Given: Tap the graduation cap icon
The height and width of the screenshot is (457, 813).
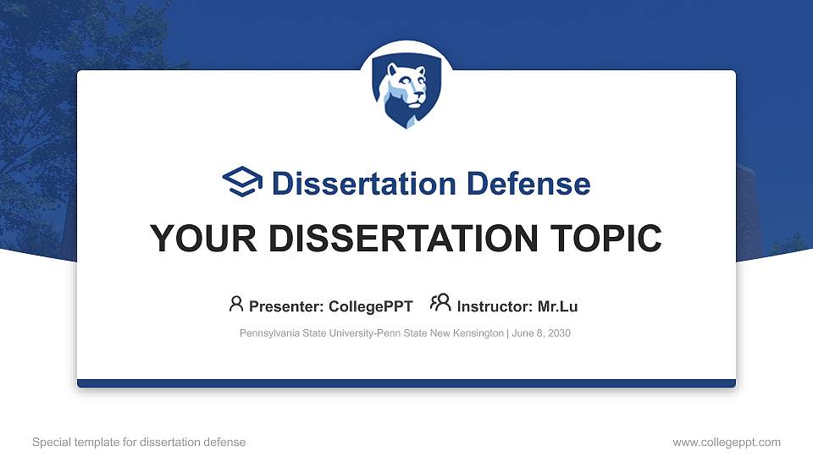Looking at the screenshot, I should tap(242, 183).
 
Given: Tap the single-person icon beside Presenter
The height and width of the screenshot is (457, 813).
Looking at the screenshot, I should tap(236, 304).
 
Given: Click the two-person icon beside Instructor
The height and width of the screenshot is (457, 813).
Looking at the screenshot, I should tap(441, 304).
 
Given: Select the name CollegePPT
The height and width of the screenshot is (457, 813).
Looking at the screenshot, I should tap(371, 306).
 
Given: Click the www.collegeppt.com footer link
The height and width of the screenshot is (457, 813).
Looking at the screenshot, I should tap(727, 443).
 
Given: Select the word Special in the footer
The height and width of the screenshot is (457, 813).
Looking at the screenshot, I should tap(50, 443).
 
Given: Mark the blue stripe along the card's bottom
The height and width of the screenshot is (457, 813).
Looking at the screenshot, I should tap(406, 383).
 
